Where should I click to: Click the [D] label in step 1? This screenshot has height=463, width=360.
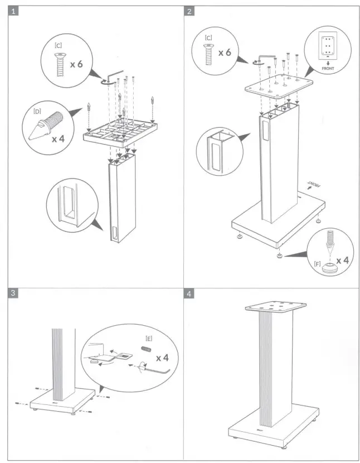37,111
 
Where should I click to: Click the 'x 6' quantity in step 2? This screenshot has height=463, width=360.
225,52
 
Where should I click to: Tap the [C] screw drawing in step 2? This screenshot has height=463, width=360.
208,54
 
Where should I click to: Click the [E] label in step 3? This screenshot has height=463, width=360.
149,338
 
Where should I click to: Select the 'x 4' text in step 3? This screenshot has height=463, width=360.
163,357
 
